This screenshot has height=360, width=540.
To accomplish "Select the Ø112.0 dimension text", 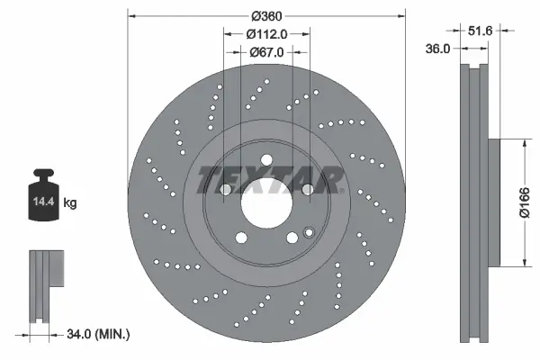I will [x=267, y=34].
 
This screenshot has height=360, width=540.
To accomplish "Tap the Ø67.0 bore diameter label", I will [x=267, y=52].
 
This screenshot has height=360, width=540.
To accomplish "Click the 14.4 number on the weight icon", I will [x=42, y=203].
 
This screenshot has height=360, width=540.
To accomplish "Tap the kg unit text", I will [x=70, y=203].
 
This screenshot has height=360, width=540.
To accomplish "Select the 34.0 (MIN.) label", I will [x=99, y=334].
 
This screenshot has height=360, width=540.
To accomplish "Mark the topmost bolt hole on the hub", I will [x=267, y=161].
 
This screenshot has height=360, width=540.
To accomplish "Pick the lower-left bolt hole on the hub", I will [x=241, y=238].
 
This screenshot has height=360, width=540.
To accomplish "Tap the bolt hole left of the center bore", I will [x=225, y=190].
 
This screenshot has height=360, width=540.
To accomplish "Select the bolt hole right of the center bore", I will [x=308, y=190].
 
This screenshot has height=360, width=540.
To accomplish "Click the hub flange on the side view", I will [x=495, y=202].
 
